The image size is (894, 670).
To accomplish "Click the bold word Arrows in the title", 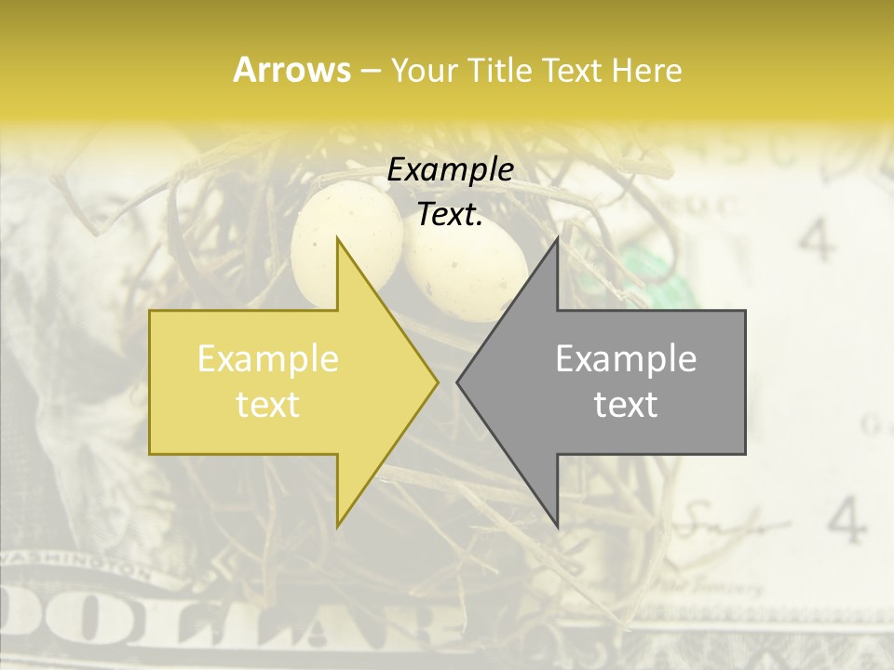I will click(291, 70).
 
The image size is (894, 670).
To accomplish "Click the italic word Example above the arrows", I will click(450, 170).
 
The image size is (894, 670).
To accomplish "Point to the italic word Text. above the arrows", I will click(450, 215).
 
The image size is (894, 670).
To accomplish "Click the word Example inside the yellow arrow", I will click(267, 359).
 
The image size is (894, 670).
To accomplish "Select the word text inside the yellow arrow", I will click(267, 405).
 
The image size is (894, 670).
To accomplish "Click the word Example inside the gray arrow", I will click(626, 359).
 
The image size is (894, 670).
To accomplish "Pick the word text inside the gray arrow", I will click(626, 405).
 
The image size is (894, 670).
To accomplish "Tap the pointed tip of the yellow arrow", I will click(436, 382).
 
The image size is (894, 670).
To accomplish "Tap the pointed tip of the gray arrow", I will click(459, 382).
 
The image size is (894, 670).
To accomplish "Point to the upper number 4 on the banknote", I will click(817, 240).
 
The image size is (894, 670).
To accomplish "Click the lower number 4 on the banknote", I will click(846, 522).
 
